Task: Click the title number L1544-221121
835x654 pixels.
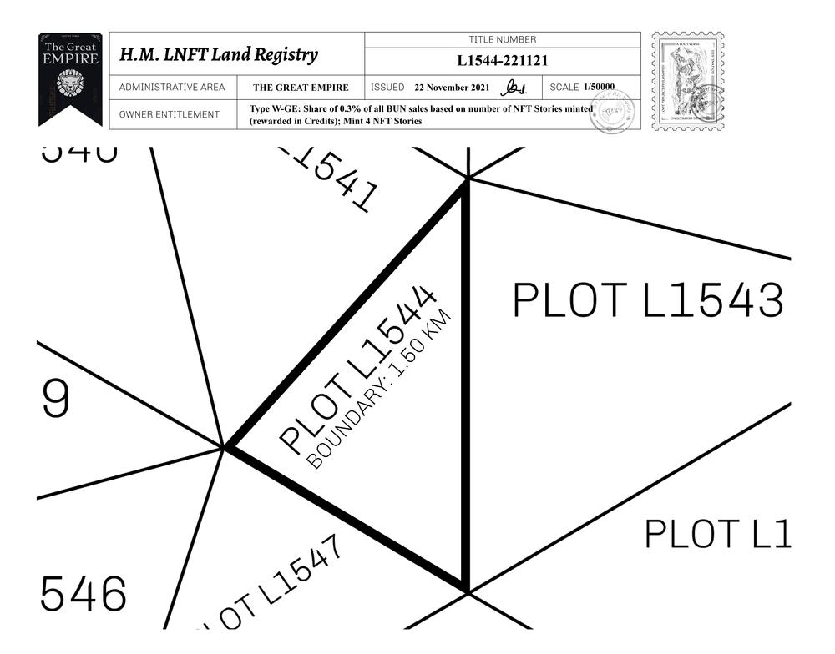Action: click(x=502, y=61)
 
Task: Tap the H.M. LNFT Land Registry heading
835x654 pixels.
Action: click(x=219, y=55)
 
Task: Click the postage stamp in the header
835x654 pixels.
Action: click(x=687, y=80)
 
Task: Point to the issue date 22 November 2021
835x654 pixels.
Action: click(x=452, y=88)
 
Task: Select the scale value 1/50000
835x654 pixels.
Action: click(x=598, y=87)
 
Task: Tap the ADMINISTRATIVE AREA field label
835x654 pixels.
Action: click(x=172, y=88)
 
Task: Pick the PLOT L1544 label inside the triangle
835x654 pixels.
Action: click(x=358, y=370)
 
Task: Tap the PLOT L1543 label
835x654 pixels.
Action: click(x=648, y=300)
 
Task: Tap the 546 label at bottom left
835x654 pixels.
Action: click(x=83, y=593)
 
